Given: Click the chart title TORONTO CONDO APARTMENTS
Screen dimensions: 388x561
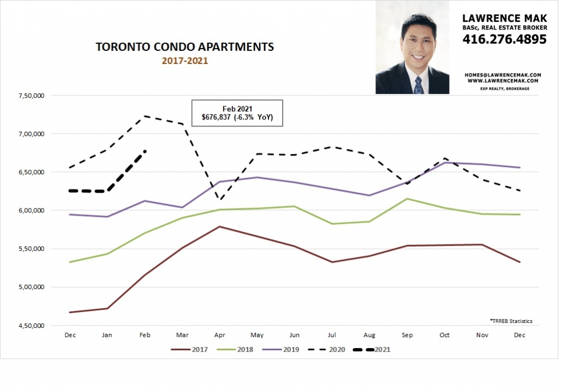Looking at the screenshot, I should click(x=185, y=47).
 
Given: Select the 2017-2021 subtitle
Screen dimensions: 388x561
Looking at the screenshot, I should click(x=185, y=61).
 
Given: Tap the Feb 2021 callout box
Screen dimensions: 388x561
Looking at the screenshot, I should click(x=237, y=113).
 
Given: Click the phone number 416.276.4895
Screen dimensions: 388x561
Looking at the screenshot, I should click(x=504, y=39).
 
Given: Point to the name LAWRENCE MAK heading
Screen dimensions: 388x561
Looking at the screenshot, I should click(x=504, y=19).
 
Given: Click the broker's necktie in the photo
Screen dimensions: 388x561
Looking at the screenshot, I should click(x=419, y=85).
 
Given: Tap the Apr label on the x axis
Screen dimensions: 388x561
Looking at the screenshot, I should click(x=220, y=334).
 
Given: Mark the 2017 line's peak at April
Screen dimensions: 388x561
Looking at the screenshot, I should click(x=220, y=226).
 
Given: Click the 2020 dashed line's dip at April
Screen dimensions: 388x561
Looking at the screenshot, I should click(x=220, y=199).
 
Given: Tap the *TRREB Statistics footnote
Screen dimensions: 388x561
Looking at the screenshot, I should click(x=511, y=321).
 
